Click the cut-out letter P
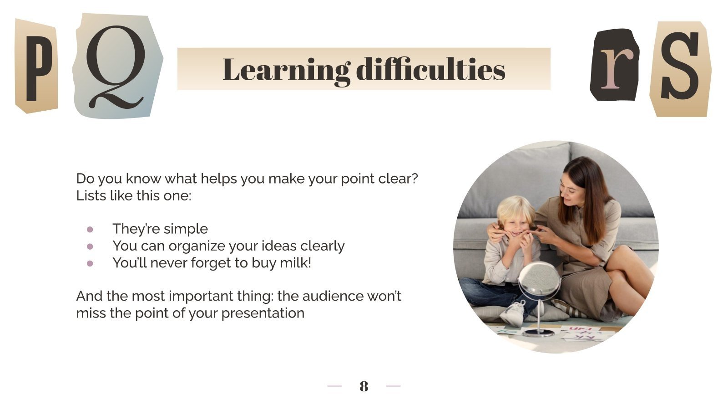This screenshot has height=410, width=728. click(36, 66)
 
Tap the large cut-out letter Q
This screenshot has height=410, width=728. click(116, 66)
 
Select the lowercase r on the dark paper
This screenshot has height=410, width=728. click(614, 66)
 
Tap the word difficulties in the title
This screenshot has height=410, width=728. click(430, 70)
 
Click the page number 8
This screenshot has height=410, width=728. click(364, 386)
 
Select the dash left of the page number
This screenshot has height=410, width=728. click(334, 386)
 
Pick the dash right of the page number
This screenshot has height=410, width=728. click(393, 386)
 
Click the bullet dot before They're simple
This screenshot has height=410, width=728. click(90, 229)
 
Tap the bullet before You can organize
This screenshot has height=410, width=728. click(90, 246)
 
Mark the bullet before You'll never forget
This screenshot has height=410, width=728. click(90, 263)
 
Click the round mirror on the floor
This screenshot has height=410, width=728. click(539, 280)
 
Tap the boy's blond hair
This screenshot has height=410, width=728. click(514, 207)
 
